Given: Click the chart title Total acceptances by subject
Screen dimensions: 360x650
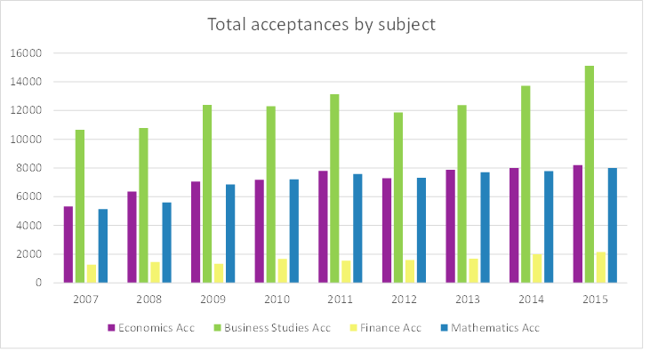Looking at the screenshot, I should coord(322,24).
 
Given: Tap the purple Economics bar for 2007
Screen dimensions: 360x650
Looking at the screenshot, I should coord(68,244).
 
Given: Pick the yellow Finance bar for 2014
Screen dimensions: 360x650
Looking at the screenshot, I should coord(538,268).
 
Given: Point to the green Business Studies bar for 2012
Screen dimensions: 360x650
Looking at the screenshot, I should coord(398,197).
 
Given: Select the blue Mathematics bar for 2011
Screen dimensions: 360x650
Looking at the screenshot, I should coord(357,228).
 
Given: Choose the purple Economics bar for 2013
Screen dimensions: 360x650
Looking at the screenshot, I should coord(451,226).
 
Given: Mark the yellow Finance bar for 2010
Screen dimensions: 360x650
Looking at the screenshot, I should coord(283,271).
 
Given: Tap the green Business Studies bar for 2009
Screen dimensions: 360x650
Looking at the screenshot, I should coord(207,194).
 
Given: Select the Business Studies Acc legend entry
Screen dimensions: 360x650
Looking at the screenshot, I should coord(273,327).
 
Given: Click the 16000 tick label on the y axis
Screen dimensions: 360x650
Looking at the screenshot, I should coord(26,53).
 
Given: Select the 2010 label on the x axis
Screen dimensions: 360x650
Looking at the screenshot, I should coord(277,299).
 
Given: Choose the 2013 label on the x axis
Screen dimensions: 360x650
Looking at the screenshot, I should coord(468,299).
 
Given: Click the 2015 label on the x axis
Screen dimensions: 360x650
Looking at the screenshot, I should coord(595,299).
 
